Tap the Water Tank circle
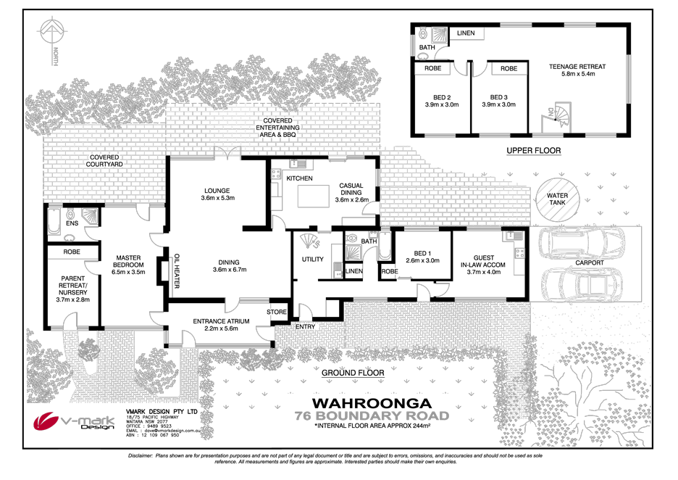click(558, 199)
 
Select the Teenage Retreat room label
click(577, 70)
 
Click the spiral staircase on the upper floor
click(554, 120)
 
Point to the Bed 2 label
click(438, 101)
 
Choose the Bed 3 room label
click(498, 101)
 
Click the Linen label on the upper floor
click(466, 33)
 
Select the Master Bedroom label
click(130, 268)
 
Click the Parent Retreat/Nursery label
click(72, 288)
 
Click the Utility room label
click(312, 260)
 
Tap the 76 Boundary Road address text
click(371, 416)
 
